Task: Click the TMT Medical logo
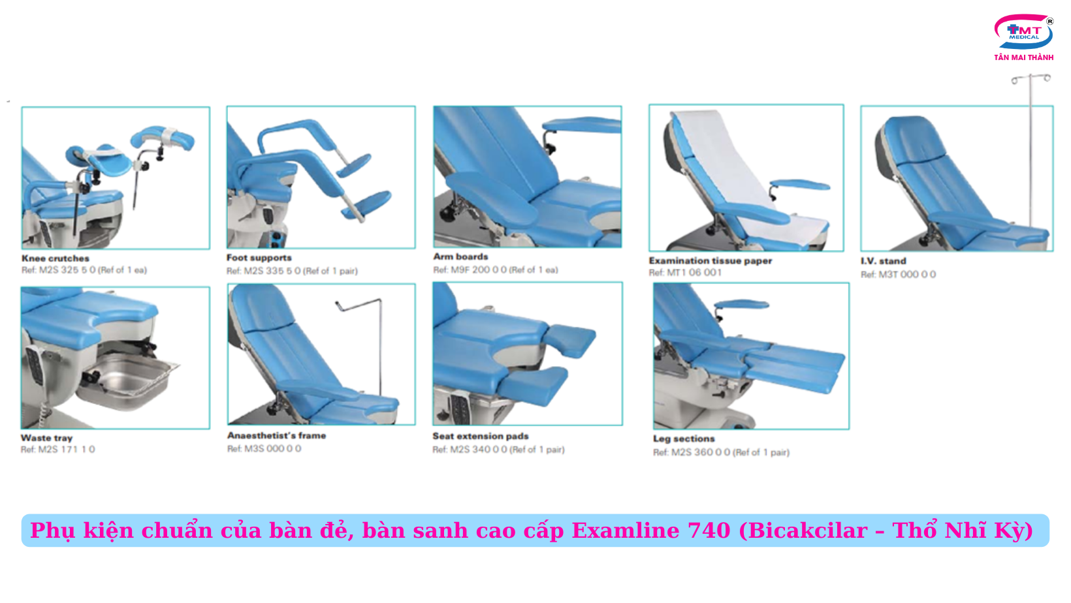[x=1024, y=31]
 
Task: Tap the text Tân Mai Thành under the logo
[x=1024, y=57]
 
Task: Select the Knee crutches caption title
[x=56, y=258]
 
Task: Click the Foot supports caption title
[x=259, y=258]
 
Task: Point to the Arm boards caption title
[x=460, y=256]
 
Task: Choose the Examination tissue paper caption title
[x=710, y=261]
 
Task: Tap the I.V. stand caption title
[x=883, y=261]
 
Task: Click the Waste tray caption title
[x=46, y=438]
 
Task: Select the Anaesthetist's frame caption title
[x=276, y=436]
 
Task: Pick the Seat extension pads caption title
[x=481, y=436]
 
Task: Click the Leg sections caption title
[x=684, y=439]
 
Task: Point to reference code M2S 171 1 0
[x=67, y=450]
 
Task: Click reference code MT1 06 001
[x=694, y=272]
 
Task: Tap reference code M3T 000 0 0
[x=907, y=274]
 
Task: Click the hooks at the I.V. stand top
[x=1031, y=78]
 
